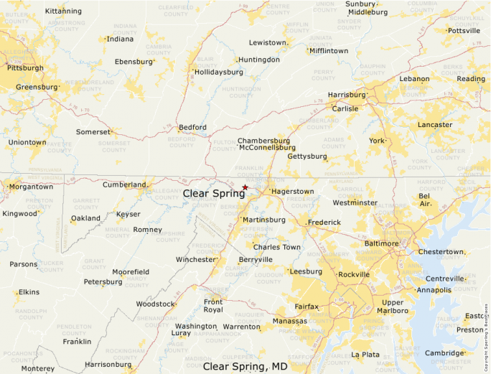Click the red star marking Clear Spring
click(245, 187)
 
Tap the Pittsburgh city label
click(25, 68)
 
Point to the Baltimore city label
click(380, 244)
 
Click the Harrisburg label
click(346, 95)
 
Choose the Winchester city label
click(196, 259)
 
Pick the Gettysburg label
click(307, 156)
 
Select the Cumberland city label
click(124, 184)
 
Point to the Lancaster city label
click(435, 125)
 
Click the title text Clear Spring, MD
click(245, 366)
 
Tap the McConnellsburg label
click(267, 148)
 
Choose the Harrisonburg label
click(108, 364)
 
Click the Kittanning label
click(62, 11)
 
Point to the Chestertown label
click(441, 252)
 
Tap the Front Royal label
click(213, 306)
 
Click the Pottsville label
click(463, 31)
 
